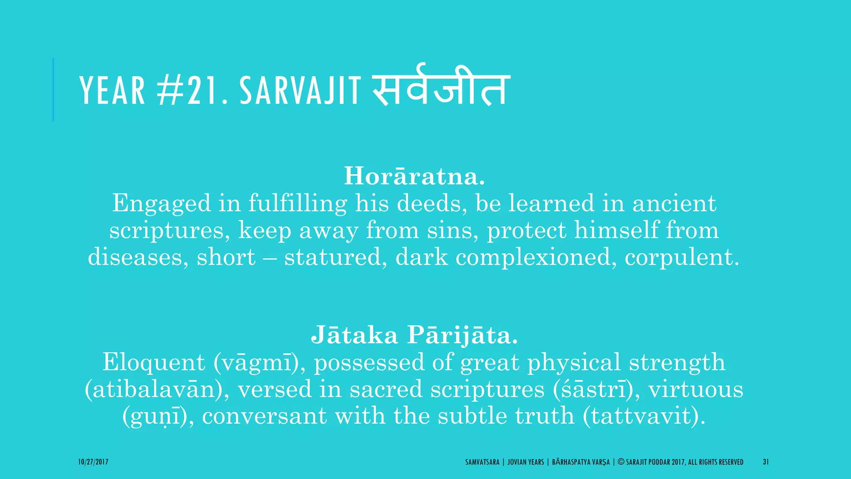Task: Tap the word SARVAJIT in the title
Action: (300, 90)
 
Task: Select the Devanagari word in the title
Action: (441, 86)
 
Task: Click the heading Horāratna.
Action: (414, 176)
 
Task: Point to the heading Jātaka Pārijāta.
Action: (414, 335)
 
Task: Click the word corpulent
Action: (682, 257)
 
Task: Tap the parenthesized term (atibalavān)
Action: (157, 389)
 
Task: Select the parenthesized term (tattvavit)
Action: (644, 416)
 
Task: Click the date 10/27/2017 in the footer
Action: (93, 462)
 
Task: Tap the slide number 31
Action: (765, 462)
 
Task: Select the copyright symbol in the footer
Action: (621, 462)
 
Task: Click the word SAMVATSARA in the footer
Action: (482, 462)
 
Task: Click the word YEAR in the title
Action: (112, 90)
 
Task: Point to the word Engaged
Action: (161, 204)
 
